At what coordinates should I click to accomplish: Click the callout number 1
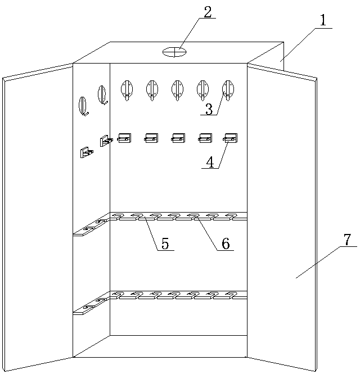coord(323,21)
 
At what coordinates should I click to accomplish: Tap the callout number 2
coord(208,12)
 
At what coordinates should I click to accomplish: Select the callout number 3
coord(209,109)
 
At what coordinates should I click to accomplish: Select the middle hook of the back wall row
coord(177,89)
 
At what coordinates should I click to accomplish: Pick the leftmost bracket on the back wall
coord(124,138)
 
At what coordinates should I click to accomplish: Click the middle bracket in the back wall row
coord(178,138)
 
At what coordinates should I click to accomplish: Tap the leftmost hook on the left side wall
coord(84,106)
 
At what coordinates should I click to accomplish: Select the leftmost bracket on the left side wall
coord(87,152)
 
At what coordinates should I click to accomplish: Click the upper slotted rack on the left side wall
coord(91,226)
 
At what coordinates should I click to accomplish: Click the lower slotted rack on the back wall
coord(178,294)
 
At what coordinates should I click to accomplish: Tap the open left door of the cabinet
coord(37,219)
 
